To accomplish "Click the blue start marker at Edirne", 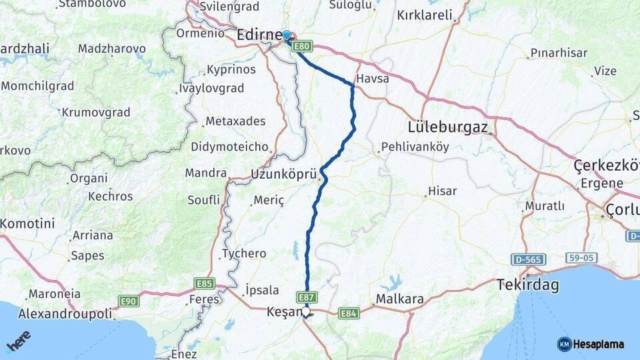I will (287, 36).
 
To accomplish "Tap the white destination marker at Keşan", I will (306, 311).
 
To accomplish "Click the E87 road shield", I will (307, 297).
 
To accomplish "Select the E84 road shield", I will (349, 313).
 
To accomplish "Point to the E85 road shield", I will (205, 283).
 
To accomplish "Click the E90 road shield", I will (129, 301).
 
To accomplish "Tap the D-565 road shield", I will (530, 259).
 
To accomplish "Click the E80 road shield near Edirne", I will (302, 46).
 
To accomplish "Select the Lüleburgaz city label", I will (448, 127).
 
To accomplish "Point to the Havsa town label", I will (373, 79).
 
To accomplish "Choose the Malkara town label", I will (400, 299).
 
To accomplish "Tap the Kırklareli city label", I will (424, 15).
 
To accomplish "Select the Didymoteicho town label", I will (229, 147).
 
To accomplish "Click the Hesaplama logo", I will (591, 344).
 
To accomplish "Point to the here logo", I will (18, 341).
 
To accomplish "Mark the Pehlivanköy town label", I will (415, 147).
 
